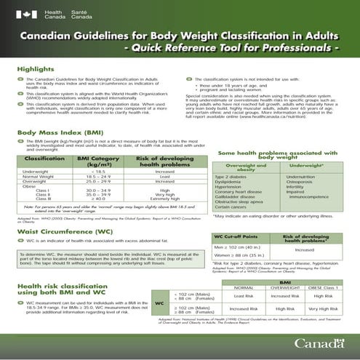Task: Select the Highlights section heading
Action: coord(36,69)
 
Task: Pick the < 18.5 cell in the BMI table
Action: coord(97,171)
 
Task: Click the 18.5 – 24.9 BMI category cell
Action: coord(97,177)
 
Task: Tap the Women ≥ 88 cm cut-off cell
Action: coord(240,257)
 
